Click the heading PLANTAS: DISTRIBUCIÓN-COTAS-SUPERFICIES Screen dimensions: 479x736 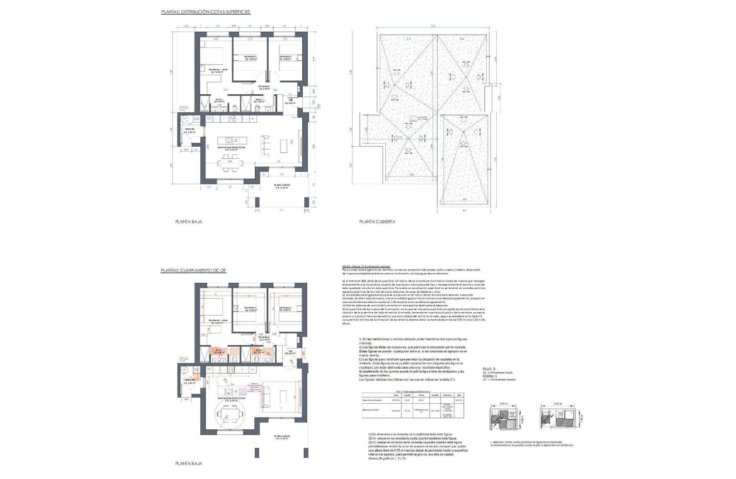[x=205, y=11]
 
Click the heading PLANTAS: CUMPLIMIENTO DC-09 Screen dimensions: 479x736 [x=192, y=270]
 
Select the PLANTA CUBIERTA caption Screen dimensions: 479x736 [x=377, y=222]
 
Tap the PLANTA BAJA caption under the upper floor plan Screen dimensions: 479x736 [x=188, y=222]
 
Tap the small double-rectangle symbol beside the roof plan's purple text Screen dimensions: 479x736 [x=414, y=118]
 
